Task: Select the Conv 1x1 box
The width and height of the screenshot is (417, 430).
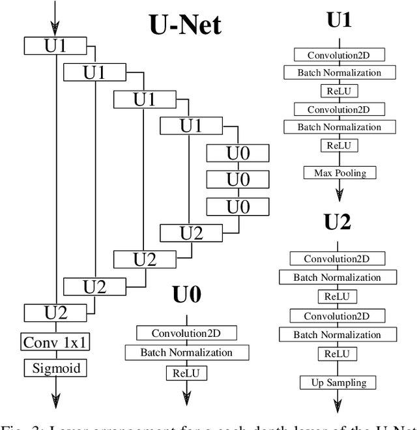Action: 56,342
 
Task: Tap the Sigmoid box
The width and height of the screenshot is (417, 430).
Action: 56,368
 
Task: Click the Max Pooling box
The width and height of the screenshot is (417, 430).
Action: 340,173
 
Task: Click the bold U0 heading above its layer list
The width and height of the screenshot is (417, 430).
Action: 186,294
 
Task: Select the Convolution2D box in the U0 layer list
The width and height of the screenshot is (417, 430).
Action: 187,333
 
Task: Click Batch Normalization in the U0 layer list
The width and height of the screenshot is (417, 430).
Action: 187,352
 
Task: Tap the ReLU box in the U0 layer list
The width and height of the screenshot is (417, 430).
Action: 187,373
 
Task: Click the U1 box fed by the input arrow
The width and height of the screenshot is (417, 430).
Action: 56,46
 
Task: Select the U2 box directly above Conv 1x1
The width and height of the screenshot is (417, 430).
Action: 56,312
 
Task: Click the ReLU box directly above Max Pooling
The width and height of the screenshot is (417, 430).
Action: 339,145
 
